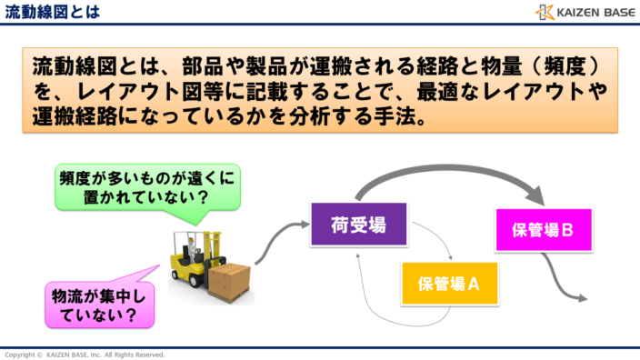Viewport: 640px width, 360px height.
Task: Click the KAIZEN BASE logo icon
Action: (x=544, y=12)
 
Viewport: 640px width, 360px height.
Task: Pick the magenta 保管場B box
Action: (x=542, y=230)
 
